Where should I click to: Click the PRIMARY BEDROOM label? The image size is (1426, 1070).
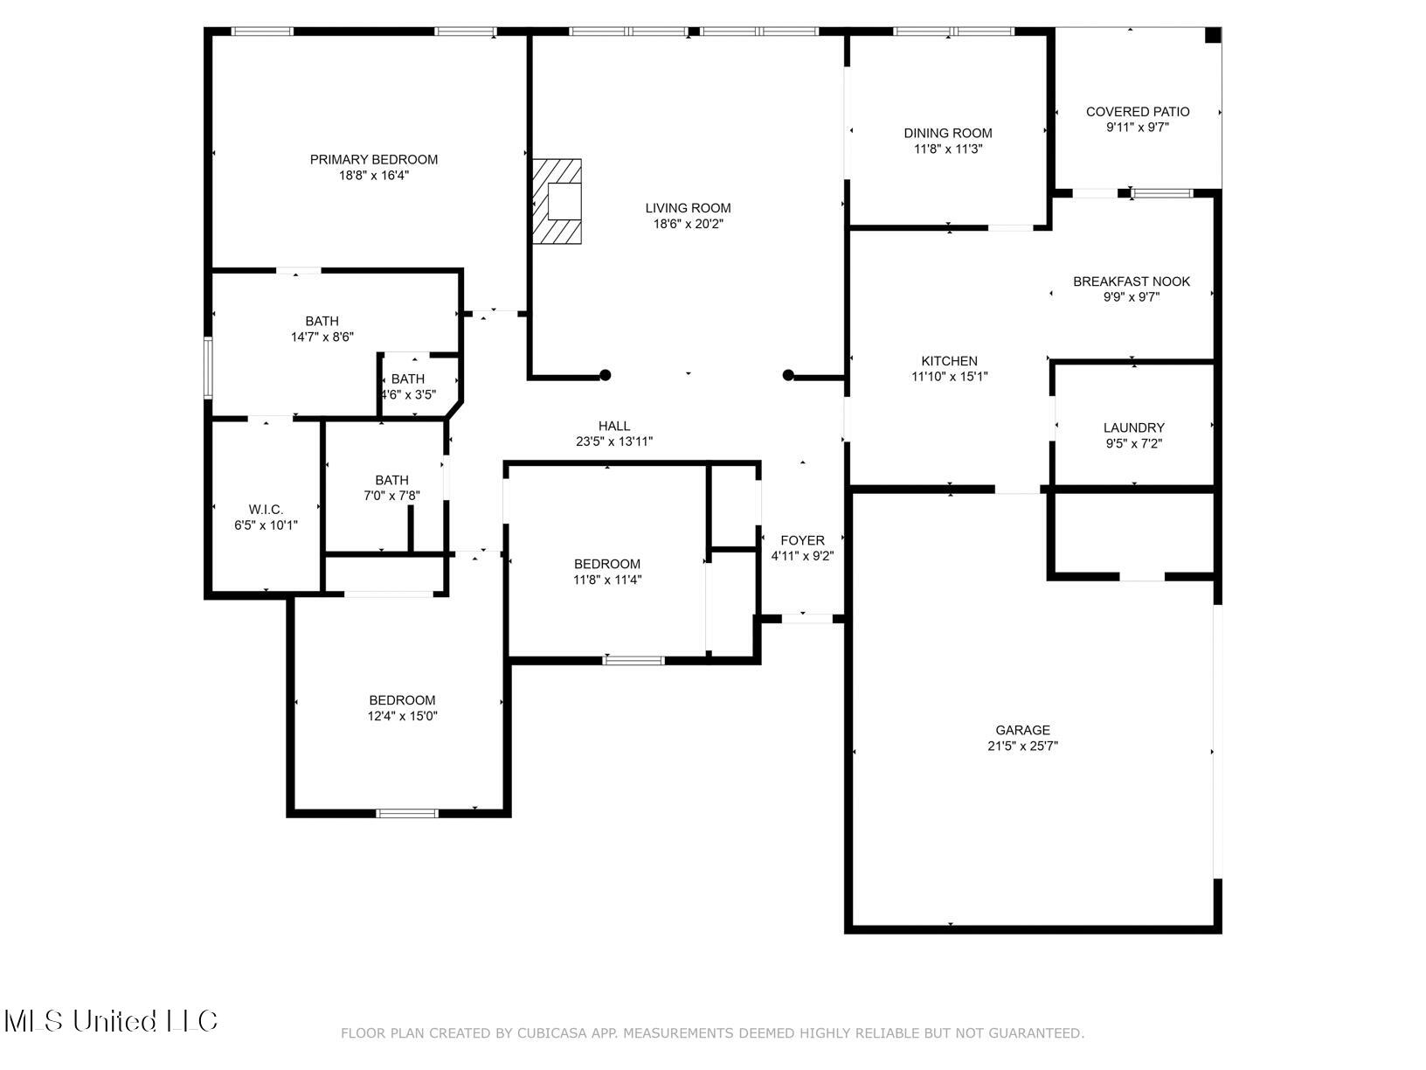click(x=374, y=159)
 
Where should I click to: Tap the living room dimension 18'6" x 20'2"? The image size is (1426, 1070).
click(x=688, y=224)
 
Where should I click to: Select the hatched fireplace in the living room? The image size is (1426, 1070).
click(x=557, y=201)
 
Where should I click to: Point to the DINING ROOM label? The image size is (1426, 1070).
click(x=948, y=133)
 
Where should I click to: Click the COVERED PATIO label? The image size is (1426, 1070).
click(x=1138, y=112)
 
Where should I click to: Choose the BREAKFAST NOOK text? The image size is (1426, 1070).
click(x=1132, y=281)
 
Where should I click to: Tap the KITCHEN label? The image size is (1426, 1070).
click(x=949, y=360)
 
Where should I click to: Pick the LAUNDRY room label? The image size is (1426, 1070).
click(x=1133, y=427)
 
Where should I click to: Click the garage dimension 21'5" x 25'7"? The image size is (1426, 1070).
click(x=1022, y=746)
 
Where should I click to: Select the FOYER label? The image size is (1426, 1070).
click(x=802, y=540)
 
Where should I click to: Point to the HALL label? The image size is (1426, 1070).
click(x=614, y=426)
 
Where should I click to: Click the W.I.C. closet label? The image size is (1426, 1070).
click(x=266, y=510)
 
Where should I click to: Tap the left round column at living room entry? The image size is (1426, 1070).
click(x=605, y=375)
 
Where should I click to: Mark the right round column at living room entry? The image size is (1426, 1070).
click(x=788, y=375)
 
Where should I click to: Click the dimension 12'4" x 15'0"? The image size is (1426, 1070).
click(x=402, y=716)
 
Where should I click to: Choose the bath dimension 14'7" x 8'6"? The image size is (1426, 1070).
click(x=322, y=337)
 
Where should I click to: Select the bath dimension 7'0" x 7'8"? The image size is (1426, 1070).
click(x=391, y=495)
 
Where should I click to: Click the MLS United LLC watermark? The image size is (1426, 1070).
click(x=110, y=1021)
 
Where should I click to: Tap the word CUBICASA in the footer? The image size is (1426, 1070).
click(x=550, y=1032)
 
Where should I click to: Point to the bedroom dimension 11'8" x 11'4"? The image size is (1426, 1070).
click(x=606, y=580)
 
